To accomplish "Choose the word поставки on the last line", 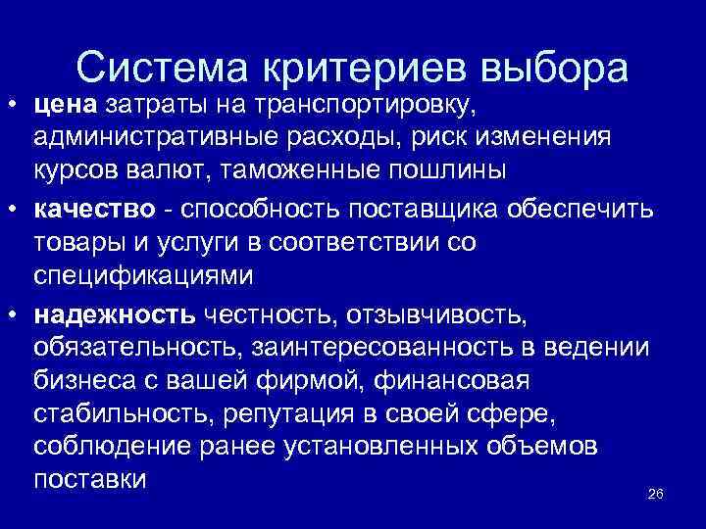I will [x=89, y=482].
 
